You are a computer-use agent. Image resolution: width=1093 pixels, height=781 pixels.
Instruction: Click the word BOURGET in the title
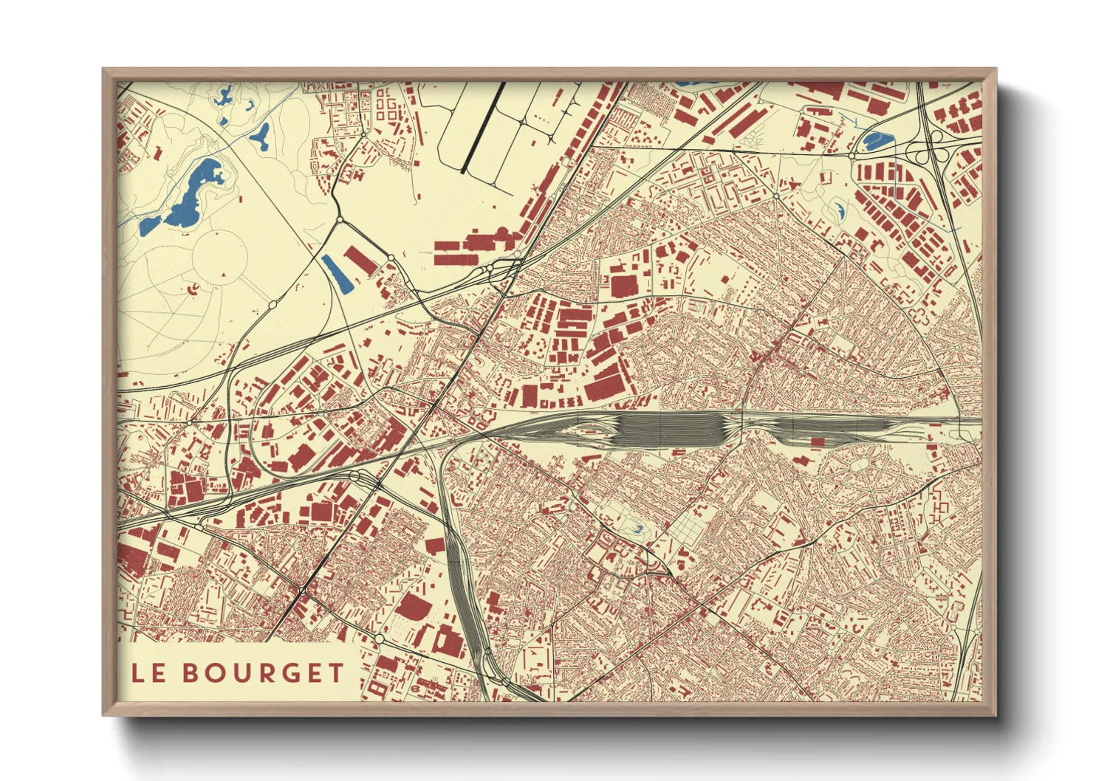(x=264, y=672)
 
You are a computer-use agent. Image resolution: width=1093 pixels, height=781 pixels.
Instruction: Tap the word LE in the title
(x=148, y=672)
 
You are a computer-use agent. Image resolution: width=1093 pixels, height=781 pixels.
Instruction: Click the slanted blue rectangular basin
(x=337, y=272)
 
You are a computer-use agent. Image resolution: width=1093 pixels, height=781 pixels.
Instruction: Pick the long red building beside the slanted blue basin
(x=360, y=261)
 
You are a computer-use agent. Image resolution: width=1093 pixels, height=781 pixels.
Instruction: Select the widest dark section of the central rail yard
(x=668, y=429)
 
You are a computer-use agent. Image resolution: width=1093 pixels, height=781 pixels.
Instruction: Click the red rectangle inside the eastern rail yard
(x=817, y=441)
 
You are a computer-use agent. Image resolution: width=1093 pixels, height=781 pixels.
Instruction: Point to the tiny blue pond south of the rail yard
(x=638, y=529)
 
